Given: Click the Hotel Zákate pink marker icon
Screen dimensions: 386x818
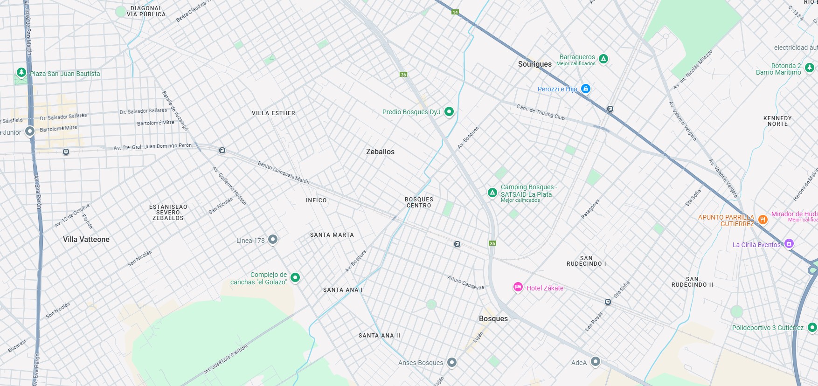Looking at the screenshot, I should pos(518,287).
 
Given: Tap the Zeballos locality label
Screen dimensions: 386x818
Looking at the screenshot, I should pos(380,152).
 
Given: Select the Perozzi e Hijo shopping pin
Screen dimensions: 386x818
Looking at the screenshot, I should pos(586,89).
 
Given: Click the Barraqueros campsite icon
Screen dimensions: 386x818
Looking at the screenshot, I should pos(603,59).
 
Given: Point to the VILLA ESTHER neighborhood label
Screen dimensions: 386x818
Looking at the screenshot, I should pos(273,113).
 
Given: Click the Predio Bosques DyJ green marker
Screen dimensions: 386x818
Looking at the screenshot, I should pos(449,111).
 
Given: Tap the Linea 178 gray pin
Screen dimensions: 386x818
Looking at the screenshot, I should pos(273,240).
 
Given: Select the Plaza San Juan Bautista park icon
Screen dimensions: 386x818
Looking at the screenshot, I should pos(21,72).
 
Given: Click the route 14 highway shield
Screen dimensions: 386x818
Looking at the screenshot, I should pos(455,12).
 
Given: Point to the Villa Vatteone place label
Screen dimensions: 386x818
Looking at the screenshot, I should pos(86,240).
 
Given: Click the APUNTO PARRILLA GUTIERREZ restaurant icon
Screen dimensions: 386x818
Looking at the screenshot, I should pos(763,219).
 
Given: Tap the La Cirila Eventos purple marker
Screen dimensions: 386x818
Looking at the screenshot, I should pos(789,243).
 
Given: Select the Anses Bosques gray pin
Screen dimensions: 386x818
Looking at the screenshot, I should pos(451,362).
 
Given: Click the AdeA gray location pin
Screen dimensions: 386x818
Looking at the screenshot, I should pos(595,361).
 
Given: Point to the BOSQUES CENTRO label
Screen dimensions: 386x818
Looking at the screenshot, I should pos(419,202).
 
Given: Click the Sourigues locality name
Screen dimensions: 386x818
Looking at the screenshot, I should pos(534,64).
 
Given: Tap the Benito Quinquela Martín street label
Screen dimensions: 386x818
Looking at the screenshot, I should pos(284,172).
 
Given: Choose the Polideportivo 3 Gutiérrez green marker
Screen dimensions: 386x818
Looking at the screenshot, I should pos(812,327).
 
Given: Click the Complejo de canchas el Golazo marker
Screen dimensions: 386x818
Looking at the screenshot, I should pos(295,277).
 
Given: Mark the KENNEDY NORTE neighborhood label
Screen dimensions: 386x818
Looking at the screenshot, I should pos(777,121).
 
